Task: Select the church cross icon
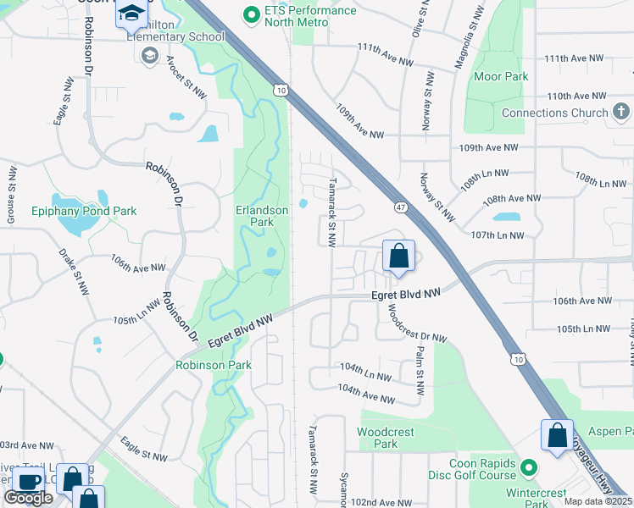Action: coord(621,112)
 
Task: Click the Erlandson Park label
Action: coord(254,215)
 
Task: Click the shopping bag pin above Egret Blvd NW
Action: coord(398,256)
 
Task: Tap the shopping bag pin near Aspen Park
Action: coord(558,436)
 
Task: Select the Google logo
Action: coord(28,498)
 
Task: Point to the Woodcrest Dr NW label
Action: coord(416,324)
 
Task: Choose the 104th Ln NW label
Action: coord(364,373)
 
